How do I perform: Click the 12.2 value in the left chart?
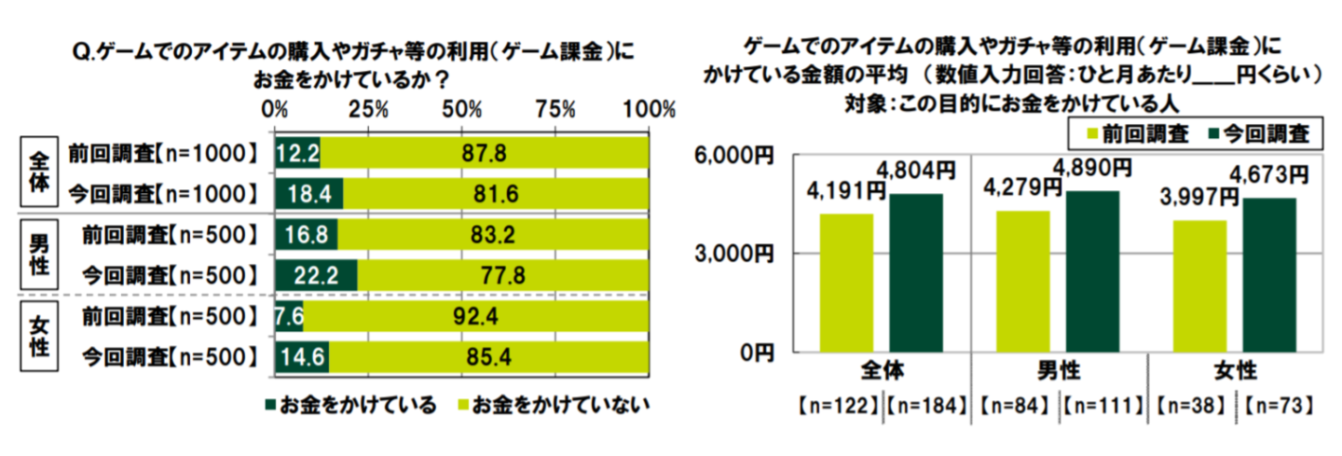click(297, 153)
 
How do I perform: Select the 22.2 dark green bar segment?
click(316, 274)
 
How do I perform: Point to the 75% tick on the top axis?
click(556, 110)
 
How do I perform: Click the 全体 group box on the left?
click(40, 173)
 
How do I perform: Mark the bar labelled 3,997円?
click(1199, 286)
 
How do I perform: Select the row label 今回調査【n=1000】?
click(162, 194)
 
